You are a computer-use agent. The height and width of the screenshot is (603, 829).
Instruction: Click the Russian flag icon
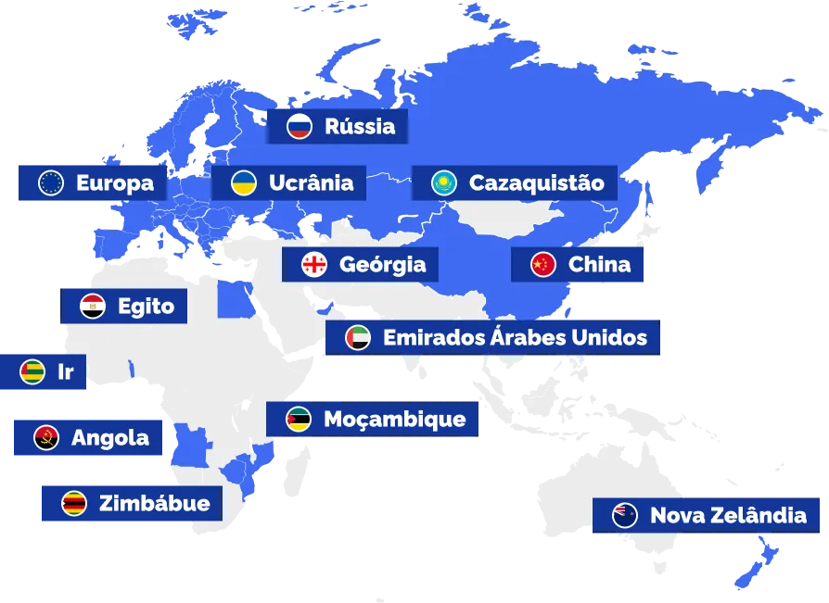coord(299,127)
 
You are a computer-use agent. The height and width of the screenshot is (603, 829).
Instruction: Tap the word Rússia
coord(360,127)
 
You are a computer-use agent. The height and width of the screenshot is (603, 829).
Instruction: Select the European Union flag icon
coord(50,183)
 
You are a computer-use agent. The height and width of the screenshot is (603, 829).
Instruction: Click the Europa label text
coord(115,183)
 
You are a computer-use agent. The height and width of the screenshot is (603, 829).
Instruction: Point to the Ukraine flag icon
coord(244,183)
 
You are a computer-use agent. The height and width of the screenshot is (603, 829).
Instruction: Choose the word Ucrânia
coord(311,183)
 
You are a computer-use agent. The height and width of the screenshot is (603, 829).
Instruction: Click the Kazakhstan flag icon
coord(444,183)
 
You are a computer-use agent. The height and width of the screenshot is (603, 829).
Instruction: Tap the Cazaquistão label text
coord(537,183)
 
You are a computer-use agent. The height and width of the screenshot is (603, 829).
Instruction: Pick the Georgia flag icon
coord(314,265)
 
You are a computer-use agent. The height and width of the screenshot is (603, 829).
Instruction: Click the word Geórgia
coord(383,265)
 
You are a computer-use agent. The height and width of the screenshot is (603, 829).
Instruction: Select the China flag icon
coord(543,265)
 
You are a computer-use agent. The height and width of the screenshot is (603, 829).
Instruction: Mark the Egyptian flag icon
coord(93,306)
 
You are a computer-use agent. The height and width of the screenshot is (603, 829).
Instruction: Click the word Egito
coord(146,306)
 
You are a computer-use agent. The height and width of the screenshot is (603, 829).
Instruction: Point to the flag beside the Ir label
coord(32,372)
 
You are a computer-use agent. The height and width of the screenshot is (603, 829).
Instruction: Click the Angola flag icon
coord(46,438)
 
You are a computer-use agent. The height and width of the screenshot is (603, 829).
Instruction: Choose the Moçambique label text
coord(394,420)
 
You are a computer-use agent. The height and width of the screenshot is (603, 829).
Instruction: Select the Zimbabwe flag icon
coord(74,504)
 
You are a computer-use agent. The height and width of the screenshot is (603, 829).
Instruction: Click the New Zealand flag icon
coord(625,515)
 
